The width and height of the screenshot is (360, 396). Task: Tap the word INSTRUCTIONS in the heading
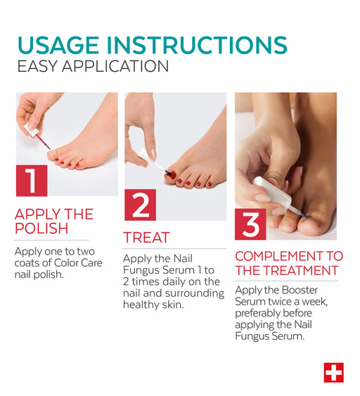pos(197,45)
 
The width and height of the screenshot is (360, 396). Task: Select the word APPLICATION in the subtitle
pos(115,66)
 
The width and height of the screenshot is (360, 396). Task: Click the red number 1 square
pos(32,181)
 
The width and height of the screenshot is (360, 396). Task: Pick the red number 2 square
pos(140,205)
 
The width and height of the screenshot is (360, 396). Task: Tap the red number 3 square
pos(250,224)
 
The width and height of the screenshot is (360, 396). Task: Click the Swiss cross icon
pos(334,373)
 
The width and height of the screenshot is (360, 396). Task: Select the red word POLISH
pos(41,229)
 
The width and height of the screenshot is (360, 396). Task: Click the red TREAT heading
pos(146,238)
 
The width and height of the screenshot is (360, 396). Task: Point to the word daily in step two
pos(176,281)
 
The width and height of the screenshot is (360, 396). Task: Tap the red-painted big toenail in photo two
pos(172,174)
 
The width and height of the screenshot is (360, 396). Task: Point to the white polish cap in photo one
pos(32,130)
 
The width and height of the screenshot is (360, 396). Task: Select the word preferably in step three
pos(255,314)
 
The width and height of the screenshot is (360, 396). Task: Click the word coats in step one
pos(27,263)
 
